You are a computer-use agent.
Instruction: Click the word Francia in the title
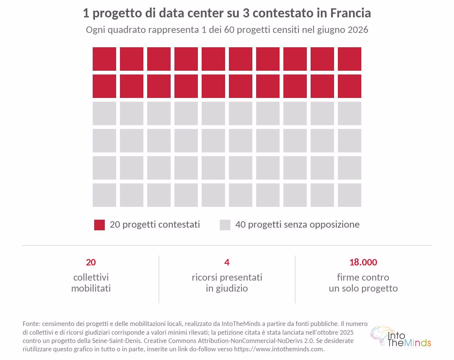pyautogui.click(x=350, y=13)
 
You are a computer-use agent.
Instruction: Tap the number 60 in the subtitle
pyautogui.click(x=229, y=30)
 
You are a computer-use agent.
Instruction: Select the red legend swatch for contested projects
pyautogui.click(x=100, y=225)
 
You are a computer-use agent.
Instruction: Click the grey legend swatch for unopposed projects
pyautogui.click(x=225, y=225)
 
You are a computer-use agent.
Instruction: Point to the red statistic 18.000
pyautogui.click(x=363, y=262)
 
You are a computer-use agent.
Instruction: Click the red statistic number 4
pyautogui.click(x=227, y=262)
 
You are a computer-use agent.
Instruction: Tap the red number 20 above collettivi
pyautogui.click(x=91, y=262)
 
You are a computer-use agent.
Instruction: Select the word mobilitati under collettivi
pyautogui.click(x=91, y=288)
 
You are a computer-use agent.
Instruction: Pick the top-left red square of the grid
pyautogui.click(x=104, y=59)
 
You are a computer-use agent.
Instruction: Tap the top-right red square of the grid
pyautogui.click(x=349, y=59)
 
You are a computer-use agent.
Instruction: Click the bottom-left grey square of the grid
pyautogui.click(x=104, y=195)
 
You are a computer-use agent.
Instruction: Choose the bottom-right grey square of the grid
pyautogui.click(x=349, y=195)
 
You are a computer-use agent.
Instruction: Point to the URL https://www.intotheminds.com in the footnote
pyautogui.click(x=279, y=349)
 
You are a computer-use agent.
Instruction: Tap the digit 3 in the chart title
pyautogui.click(x=246, y=13)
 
